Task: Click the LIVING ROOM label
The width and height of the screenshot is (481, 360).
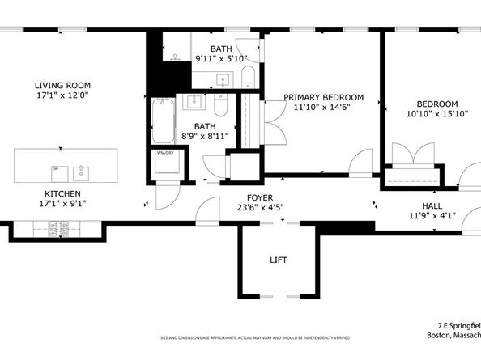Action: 62,85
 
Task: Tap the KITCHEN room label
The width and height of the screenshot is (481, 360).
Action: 62,194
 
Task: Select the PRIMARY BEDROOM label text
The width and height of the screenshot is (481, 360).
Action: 323,97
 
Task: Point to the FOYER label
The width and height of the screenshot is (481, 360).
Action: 260,197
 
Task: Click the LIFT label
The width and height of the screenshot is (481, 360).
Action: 278,260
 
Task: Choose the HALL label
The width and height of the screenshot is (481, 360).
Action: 431,205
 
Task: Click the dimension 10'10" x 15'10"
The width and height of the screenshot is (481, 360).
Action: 437,115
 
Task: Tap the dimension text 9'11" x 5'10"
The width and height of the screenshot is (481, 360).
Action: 224,59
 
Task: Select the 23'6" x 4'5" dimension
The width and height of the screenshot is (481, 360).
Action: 260,207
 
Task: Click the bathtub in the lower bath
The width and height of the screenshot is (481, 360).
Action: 164,121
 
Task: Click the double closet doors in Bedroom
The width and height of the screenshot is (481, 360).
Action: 413,155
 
